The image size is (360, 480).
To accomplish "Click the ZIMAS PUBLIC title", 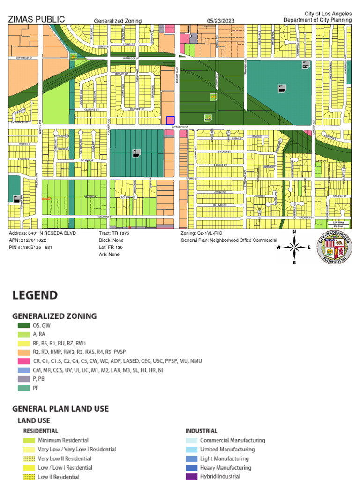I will click(x=37, y=20).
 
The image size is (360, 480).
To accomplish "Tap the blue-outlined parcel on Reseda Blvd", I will click(x=171, y=120).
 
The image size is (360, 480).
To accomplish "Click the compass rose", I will click(x=294, y=247).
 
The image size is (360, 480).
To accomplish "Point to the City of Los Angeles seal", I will click(x=334, y=247).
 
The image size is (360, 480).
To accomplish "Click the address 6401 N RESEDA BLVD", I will click(x=43, y=233).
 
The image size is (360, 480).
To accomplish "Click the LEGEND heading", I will click(x=35, y=295).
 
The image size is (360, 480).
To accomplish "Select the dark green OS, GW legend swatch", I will click(x=23, y=325).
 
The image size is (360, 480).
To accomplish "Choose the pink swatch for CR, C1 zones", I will click(x=23, y=361).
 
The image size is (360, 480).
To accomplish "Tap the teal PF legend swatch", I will click(x=23, y=388).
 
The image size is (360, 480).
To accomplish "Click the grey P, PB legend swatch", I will click(x=23, y=379).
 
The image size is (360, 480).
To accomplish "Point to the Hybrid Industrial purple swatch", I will click(x=191, y=477).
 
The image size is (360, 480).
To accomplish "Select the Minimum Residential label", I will click(x=63, y=440).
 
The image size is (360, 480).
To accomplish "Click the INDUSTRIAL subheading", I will click(x=201, y=431).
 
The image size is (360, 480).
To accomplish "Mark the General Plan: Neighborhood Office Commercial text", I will click(x=229, y=240).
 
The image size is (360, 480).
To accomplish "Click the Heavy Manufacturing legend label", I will click(x=225, y=468).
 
